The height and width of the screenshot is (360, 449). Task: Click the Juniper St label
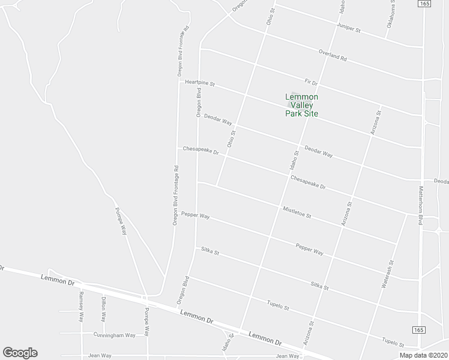click(x=348, y=29)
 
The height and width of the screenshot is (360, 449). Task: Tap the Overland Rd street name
click(x=333, y=56)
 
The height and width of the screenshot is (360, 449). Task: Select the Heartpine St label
click(x=200, y=83)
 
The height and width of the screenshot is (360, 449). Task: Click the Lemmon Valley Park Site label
click(x=301, y=105)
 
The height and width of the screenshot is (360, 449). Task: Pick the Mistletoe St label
click(x=297, y=212)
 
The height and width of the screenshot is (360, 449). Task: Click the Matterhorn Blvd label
click(x=420, y=203)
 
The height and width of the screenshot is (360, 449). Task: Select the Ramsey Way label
click(x=81, y=308)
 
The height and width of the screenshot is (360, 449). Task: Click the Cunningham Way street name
click(x=114, y=335)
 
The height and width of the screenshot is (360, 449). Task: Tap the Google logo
click(x=20, y=353)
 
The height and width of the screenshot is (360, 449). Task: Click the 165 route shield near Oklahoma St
click(x=425, y=4)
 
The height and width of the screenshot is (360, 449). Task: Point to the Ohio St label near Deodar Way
click(x=231, y=139)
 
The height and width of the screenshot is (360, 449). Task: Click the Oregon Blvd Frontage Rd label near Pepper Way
click(x=175, y=195)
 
